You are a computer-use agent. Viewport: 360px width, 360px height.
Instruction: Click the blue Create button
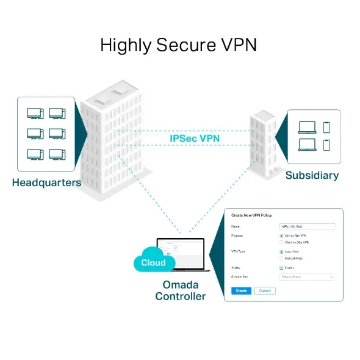(241, 290)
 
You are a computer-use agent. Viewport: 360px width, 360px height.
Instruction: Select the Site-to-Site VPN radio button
(281, 236)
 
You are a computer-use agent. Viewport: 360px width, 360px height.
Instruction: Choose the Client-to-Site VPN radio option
(281, 242)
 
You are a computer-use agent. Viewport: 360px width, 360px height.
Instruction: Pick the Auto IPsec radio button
(281, 251)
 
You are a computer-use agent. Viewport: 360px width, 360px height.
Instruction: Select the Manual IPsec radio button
(281, 258)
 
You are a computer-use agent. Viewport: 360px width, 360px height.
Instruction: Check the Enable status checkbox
(281, 267)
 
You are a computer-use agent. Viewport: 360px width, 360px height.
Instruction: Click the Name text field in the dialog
(307, 226)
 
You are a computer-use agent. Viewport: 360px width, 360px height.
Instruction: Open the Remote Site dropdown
(307, 276)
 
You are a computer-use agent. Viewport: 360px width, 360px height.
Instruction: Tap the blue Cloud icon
(153, 262)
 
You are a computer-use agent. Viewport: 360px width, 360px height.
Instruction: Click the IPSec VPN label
(195, 139)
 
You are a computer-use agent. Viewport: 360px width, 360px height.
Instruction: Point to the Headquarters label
(46, 182)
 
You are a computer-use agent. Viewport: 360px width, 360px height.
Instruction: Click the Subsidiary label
(312, 176)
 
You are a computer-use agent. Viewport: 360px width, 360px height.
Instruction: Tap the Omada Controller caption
(180, 290)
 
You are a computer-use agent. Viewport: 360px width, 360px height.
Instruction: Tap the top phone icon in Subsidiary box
(326, 126)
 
